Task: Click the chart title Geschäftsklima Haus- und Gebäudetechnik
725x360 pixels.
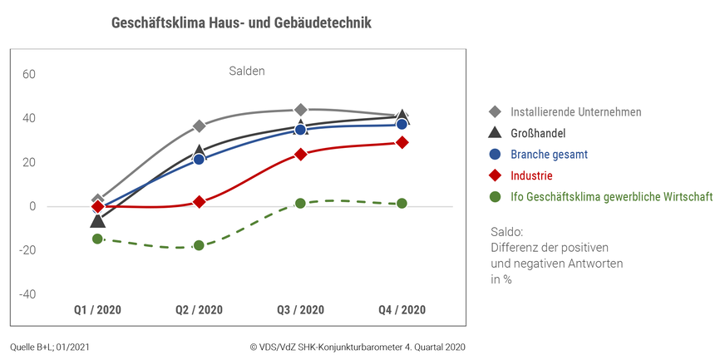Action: pyautogui.click(x=241, y=23)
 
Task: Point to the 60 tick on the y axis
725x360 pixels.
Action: pyautogui.click(x=29, y=74)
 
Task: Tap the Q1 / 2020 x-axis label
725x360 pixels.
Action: pyautogui.click(x=97, y=310)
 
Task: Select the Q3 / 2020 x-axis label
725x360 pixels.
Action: pyautogui.click(x=300, y=310)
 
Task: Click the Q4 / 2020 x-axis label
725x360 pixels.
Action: pyautogui.click(x=402, y=310)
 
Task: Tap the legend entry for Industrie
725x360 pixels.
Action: pyautogui.click(x=532, y=175)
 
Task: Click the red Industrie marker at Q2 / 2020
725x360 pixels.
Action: pyautogui.click(x=199, y=202)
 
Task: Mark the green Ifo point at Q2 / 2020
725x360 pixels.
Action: pyautogui.click(x=199, y=245)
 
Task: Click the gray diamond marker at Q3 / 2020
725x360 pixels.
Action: pyautogui.click(x=300, y=110)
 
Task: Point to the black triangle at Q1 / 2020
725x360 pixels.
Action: pyautogui.click(x=97, y=220)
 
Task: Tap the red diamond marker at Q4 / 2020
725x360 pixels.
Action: pyautogui.click(x=402, y=142)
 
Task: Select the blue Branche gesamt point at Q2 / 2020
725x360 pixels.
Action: pyautogui.click(x=199, y=159)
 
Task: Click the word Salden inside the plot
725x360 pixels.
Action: pyautogui.click(x=247, y=72)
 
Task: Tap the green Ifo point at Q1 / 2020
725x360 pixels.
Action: pyautogui.click(x=97, y=239)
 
